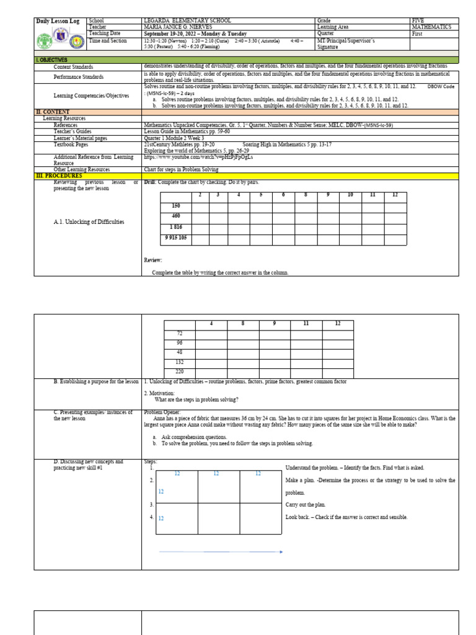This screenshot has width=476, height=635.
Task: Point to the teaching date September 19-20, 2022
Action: [x=195, y=33]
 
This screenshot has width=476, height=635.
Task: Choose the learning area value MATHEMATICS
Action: [x=431, y=27]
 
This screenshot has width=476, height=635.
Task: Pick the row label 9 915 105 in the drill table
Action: [x=176, y=238]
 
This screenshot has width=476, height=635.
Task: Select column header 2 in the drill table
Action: [x=200, y=195]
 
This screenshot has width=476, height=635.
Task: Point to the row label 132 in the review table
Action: [x=179, y=362]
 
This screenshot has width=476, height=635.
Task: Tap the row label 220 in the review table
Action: [x=179, y=371]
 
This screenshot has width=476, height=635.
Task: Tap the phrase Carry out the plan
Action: [x=306, y=505]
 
